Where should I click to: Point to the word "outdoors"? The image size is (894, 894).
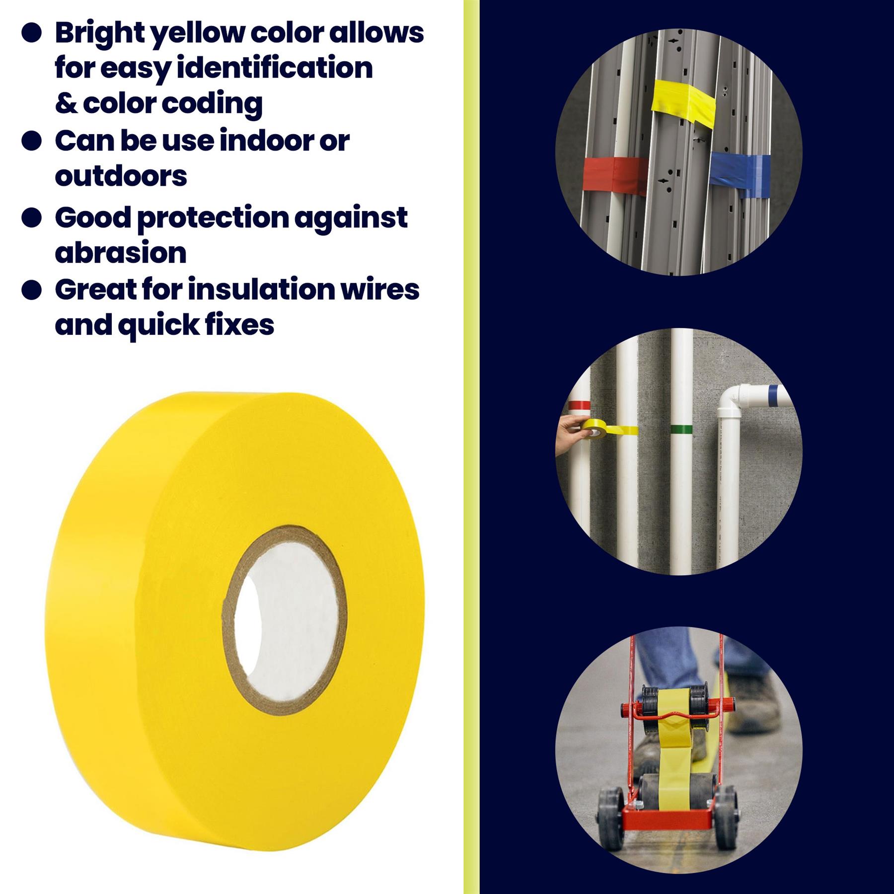point(121,176)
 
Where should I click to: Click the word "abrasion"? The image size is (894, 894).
point(121,253)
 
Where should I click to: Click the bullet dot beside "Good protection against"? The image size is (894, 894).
point(31,218)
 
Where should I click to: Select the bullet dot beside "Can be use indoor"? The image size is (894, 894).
point(31,141)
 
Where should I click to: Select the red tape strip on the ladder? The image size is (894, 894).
point(615,176)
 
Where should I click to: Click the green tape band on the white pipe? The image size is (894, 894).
point(681,429)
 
